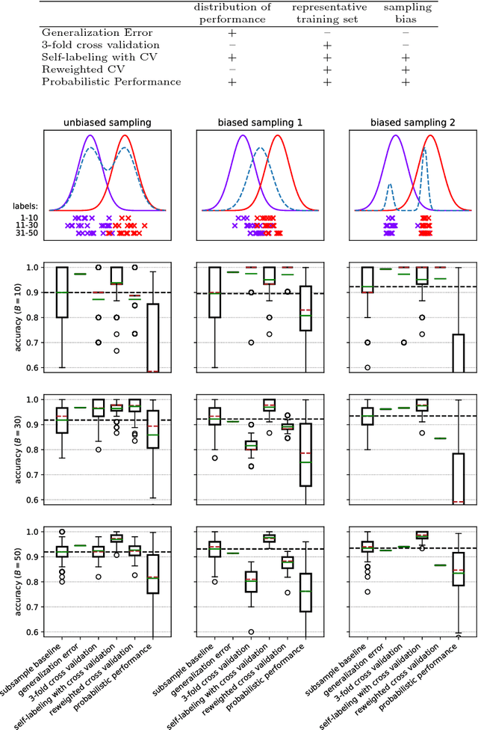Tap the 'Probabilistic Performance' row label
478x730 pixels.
111,82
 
